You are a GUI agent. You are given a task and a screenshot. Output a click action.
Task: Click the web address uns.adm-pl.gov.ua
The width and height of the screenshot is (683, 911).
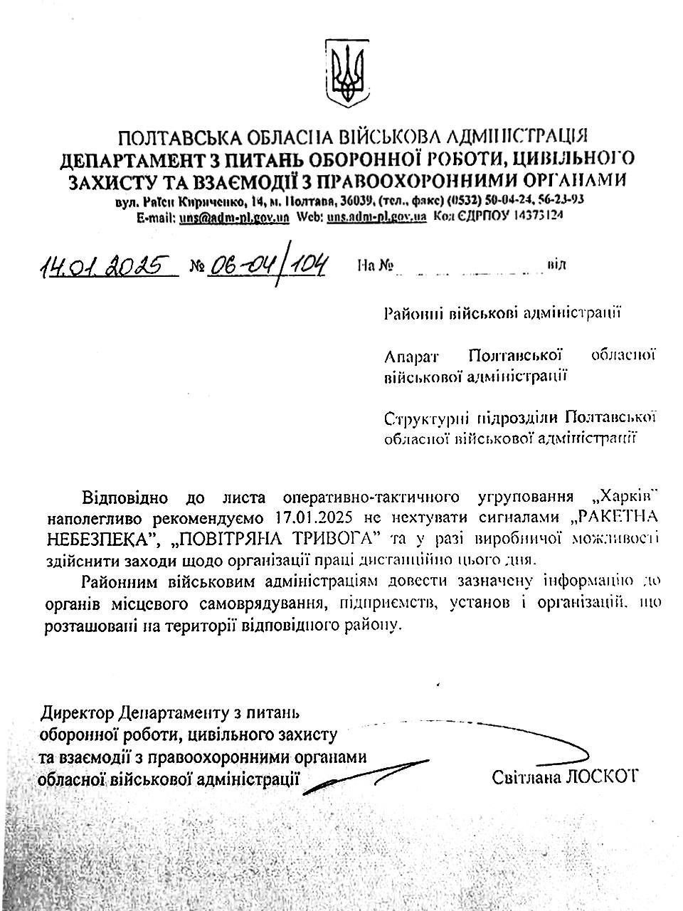click(376, 217)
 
